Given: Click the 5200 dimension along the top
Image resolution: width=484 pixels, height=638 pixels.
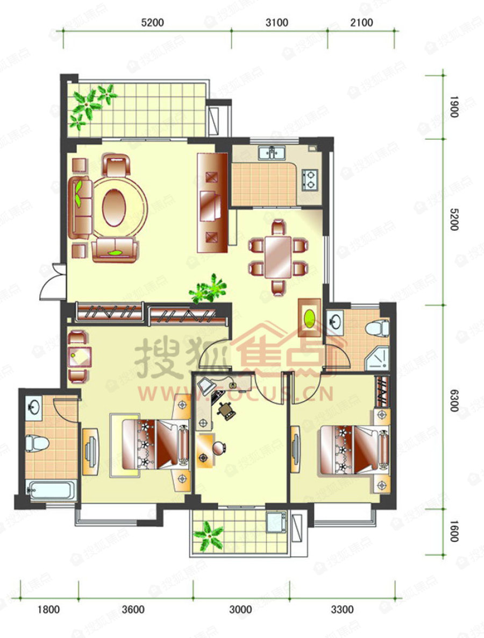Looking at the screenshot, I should pos(152,23).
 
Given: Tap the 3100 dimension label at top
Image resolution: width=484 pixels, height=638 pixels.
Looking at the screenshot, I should pos(277,23).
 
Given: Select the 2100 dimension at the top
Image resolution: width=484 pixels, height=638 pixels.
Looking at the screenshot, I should pos(362,23).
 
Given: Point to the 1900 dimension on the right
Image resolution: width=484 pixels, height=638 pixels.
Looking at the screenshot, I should pos(453,106).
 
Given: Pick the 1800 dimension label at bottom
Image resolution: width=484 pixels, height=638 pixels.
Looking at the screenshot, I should pos(48,609).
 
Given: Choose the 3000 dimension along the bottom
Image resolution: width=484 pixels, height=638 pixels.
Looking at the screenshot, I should pos(240,609).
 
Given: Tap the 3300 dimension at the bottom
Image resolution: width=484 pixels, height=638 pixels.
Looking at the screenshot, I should pos(342,609).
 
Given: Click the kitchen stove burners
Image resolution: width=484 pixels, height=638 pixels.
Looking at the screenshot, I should pos(310,180).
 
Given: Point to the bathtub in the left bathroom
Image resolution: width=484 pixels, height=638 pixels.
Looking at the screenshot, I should pos(53,491).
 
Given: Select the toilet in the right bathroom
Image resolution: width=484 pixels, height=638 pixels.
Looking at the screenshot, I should pos(377,327).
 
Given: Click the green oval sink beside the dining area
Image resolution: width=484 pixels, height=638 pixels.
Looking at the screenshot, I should pos(310,317).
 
